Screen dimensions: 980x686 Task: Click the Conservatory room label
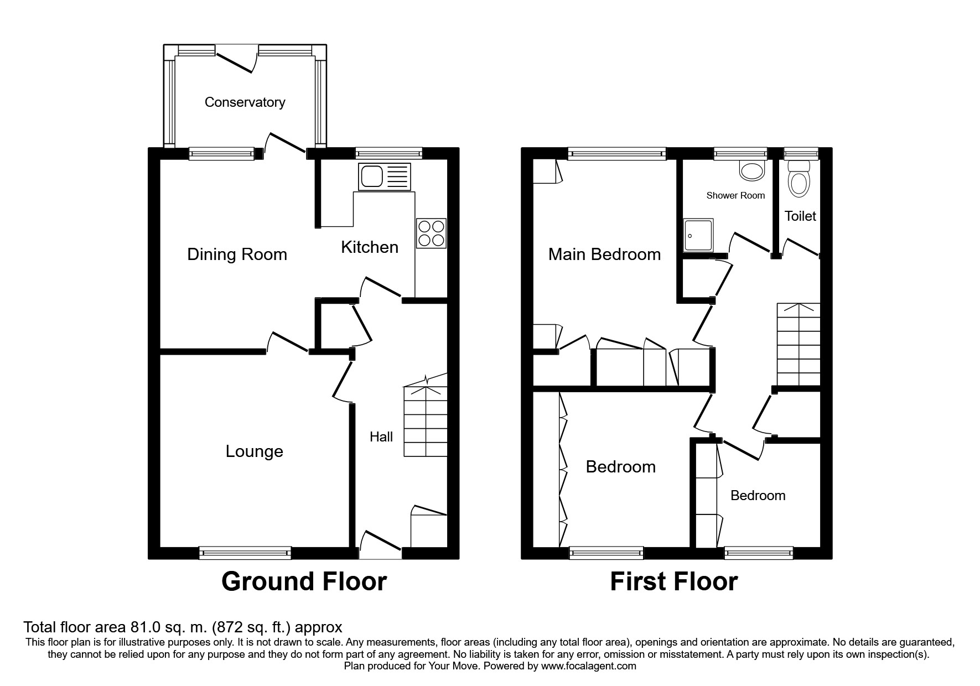245,102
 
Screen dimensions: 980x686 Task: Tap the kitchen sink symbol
385,176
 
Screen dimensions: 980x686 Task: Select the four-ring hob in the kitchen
431,233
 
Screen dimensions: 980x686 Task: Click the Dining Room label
237,254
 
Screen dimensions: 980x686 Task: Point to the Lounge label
254,451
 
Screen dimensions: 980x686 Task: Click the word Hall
381,437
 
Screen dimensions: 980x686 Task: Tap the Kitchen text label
370,247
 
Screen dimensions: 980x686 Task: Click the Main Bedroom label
604,254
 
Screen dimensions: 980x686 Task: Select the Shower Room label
735,195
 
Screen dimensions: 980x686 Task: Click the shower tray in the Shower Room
699,235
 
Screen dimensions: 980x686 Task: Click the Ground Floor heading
304,582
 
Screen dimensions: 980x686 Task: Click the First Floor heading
673,582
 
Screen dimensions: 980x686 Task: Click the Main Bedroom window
616,154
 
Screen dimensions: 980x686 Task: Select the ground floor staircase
425,415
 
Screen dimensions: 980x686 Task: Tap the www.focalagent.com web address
589,666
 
